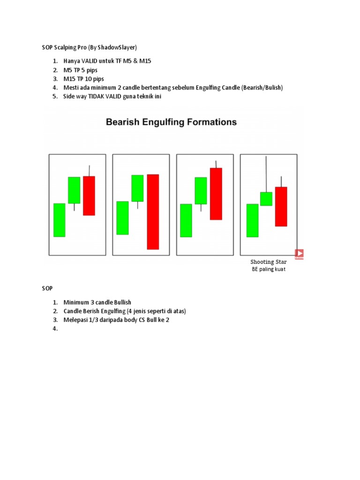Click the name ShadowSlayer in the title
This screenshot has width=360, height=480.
pyautogui.click(x=118, y=47)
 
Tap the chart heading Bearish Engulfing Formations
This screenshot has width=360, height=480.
pyautogui.click(x=171, y=122)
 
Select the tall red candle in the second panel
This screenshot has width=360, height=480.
pyautogui.click(x=153, y=211)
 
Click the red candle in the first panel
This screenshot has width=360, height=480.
pyautogui.click(x=89, y=195)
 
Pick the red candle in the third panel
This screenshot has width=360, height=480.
pyautogui.click(x=216, y=194)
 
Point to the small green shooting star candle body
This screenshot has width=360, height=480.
pyautogui.click(x=266, y=199)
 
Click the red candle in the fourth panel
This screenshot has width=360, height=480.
pyautogui.click(x=281, y=206)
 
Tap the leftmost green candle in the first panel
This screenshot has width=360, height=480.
pyautogui.click(x=60, y=220)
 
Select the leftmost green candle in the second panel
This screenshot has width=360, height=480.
pyautogui.click(x=122, y=218)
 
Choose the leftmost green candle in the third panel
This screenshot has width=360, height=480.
pyautogui.click(x=186, y=220)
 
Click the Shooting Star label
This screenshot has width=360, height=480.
pyautogui.click(x=268, y=262)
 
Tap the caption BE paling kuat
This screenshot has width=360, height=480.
pyautogui.click(x=269, y=270)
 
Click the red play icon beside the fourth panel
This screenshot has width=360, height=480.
pyautogui.click(x=299, y=254)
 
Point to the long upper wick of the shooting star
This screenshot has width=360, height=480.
pyautogui.click(x=266, y=173)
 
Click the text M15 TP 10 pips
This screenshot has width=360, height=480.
pyautogui.click(x=84, y=79)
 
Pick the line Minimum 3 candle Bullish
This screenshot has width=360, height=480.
pyautogui.click(x=97, y=302)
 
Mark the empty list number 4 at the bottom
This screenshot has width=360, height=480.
pyautogui.click(x=55, y=329)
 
